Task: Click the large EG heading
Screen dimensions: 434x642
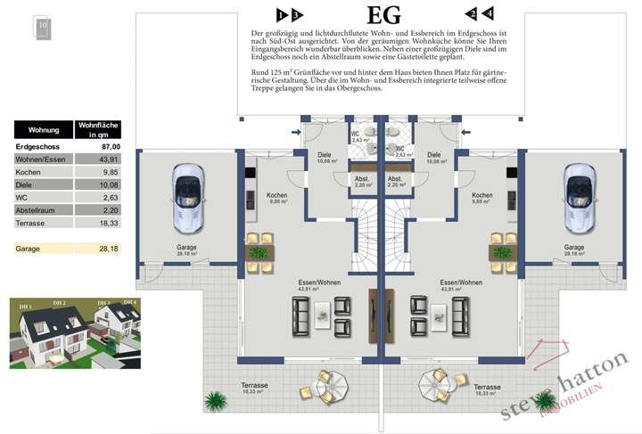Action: click(x=383, y=15)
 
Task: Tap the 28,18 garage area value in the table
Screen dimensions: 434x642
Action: click(x=108, y=249)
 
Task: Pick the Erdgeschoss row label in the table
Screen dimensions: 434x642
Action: click(x=37, y=144)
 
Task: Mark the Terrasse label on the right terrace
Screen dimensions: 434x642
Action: click(x=488, y=387)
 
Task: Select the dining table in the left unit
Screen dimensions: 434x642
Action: click(x=260, y=253)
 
